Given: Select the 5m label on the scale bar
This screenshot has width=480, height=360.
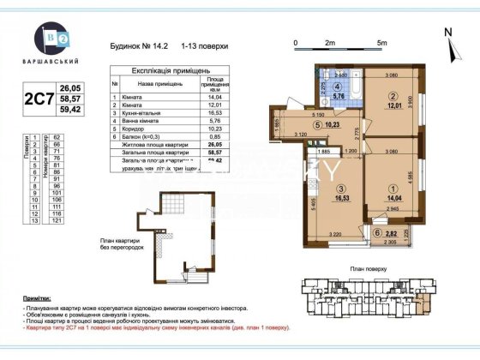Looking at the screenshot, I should click(381, 41).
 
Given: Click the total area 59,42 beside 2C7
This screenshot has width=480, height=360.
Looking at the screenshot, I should click(69, 111).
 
